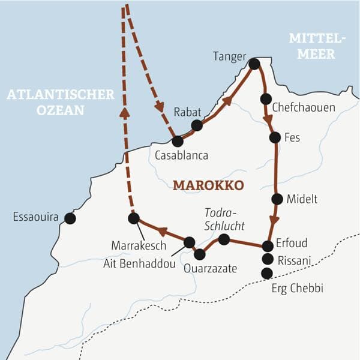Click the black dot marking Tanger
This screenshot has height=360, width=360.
pos(254,63)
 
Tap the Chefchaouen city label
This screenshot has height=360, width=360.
pos(303,107)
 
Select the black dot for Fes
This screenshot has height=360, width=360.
pos(275,137)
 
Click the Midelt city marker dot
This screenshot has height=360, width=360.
pos(277,199)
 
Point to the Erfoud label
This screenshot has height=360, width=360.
pos(292,244)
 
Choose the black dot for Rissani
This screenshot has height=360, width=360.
pos(268,259)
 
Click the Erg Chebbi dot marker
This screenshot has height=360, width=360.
pos(267,273)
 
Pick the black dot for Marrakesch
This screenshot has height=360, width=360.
pos(134,218)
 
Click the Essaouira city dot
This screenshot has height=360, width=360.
pos(70,218)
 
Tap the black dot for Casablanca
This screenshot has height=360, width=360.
pos(177,142)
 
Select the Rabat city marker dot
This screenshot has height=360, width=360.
pos(197,125)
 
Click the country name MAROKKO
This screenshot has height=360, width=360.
pos(208,185)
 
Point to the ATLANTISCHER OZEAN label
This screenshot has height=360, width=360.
pos(60,103)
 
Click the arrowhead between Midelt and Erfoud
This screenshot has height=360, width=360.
pos(274,219)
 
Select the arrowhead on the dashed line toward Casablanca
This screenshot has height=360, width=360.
pos(159,106)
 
